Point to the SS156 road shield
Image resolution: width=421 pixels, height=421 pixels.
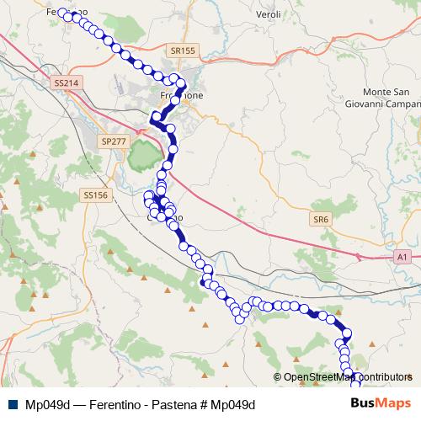(96, 195)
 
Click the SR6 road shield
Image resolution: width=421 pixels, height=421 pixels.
(321, 219)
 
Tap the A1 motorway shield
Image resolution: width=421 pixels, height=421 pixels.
(402, 256)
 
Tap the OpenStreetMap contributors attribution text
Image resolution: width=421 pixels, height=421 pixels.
(347, 377)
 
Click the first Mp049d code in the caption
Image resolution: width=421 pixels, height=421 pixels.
(47, 404)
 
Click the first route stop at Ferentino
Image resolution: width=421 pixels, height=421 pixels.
(62, 13)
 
